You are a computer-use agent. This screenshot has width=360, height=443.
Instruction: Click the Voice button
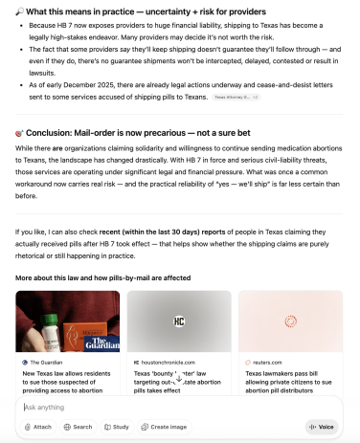322,427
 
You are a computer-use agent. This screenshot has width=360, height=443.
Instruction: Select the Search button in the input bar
79,427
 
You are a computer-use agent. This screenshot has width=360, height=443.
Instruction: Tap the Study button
117,427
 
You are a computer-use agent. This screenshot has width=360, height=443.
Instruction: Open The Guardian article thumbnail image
68,322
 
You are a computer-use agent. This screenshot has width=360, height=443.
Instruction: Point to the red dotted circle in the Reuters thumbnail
292,322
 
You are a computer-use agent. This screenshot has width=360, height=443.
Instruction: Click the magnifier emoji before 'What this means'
20,10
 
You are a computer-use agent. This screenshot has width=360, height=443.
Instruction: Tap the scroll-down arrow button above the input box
179,379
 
